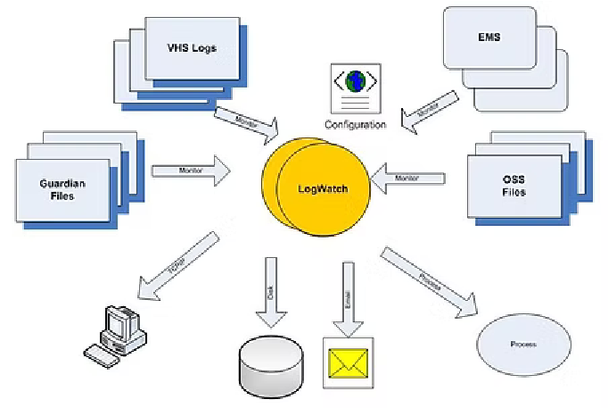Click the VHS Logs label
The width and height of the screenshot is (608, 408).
click(x=193, y=47)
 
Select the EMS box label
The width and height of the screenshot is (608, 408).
click(x=489, y=38)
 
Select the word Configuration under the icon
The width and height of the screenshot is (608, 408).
click(x=356, y=125)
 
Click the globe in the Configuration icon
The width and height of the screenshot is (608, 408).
click(x=356, y=81)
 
